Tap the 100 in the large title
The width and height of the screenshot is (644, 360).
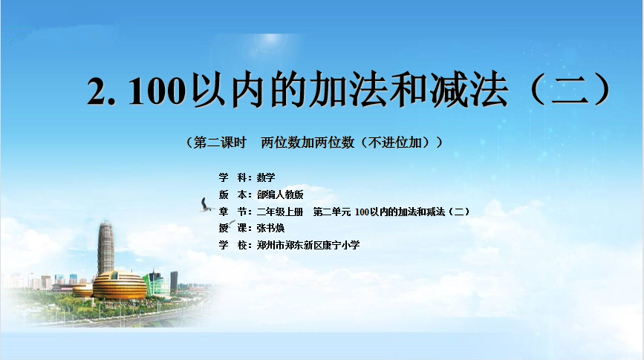tap(157, 91)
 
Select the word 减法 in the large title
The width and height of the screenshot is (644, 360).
tap(469, 90)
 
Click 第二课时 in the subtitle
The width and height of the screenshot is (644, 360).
tap(220, 143)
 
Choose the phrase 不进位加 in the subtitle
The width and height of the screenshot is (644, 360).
tap(394, 143)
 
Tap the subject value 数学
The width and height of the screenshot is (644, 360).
tap(266, 177)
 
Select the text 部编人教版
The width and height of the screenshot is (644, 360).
tap(280, 194)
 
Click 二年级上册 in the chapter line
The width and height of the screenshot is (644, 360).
tap(280, 212)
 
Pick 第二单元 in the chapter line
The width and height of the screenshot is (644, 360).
tap(332, 212)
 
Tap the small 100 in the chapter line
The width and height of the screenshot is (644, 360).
tap(362, 212)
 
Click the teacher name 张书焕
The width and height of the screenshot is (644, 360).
tap(270, 228)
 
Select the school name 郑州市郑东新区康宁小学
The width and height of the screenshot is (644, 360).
tap(308, 245)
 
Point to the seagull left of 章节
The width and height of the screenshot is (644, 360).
tap(206, 206)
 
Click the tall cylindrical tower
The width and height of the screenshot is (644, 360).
tap(105, 247)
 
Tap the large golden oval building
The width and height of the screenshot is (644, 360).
tap(119, 285)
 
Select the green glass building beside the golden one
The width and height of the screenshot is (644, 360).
tap(157, 284)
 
